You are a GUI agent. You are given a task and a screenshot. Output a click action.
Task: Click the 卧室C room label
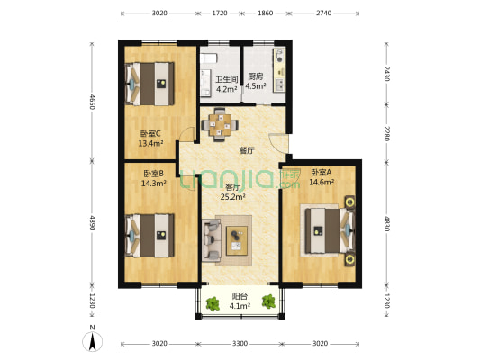point(149,132)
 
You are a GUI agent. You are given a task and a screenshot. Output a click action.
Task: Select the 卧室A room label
point(321,172)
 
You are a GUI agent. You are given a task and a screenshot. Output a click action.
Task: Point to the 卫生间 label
point(226,78)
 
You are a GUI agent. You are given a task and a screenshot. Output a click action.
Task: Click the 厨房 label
point(256,77)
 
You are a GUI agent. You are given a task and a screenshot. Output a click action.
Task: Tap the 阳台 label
point(240,294)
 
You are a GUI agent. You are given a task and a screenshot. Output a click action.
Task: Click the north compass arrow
point(91,342)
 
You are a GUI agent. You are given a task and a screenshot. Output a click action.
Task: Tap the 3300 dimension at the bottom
point(239,344)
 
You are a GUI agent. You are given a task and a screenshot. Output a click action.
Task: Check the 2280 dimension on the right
point(386,134)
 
